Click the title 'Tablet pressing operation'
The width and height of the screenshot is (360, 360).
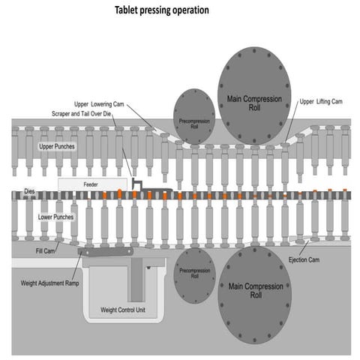point(161,10)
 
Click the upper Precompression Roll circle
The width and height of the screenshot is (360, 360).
point(193,117)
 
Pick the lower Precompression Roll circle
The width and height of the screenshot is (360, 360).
point(194,275)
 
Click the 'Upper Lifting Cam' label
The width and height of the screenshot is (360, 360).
point(322,101)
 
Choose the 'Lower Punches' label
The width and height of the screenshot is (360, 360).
point(56,217)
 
